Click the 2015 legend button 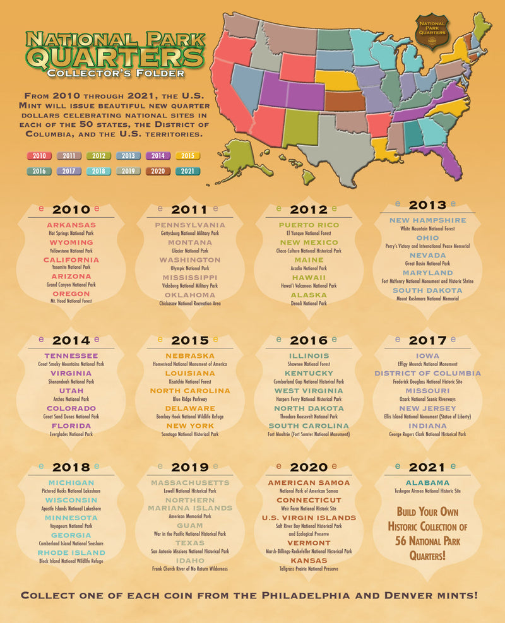pyautogui.click(x=187, y=155)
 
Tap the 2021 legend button pyautogui.click(x=187, y=170)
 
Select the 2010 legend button pyautogui.click(x=39, y=155)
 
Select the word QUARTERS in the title pyautogui.click(x=115, y=58)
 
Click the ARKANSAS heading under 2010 pyautogui.click(x=71, y=225)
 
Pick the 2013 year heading pyautogui.click(x=427, y=205)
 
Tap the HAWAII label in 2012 pyautogui.click(x=309, y=277)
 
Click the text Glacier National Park pyautogui.click(x=189, y=251)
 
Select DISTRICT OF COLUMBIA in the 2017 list pyautogui.click(x=427, y=373)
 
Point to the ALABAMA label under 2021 pyautogui.click(x=427, y=482)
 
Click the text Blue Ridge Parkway pyautogui.click(x=189, y=399)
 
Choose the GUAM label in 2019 pyautogui.click(x=189, y=525)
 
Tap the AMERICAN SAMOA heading pyautogui.click(x=309, y=482)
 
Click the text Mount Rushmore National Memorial pyautogui.click(x=427, y=299)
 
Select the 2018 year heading pyautogui.click(x=71, y=467)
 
